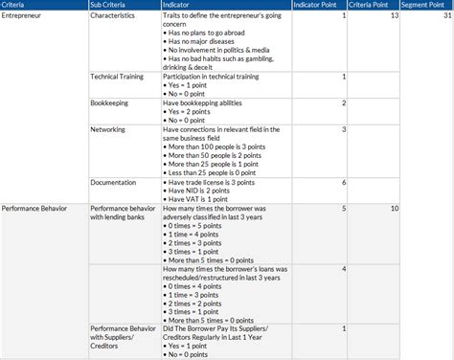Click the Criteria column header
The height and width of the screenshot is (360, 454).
pyautogui.click(x=13, y=5)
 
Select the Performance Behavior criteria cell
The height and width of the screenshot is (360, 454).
pyautogui.click(x=35, y=208)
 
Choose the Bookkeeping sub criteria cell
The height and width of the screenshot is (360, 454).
pyautogui.click(x=111, y=102)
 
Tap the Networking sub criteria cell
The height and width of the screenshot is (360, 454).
pyautogui.click(x=108, y=129)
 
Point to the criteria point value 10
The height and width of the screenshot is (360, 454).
pyautogui.click(x=395, y=208)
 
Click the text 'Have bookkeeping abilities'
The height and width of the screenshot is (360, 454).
pyautogui.click(x=203, y=102)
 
